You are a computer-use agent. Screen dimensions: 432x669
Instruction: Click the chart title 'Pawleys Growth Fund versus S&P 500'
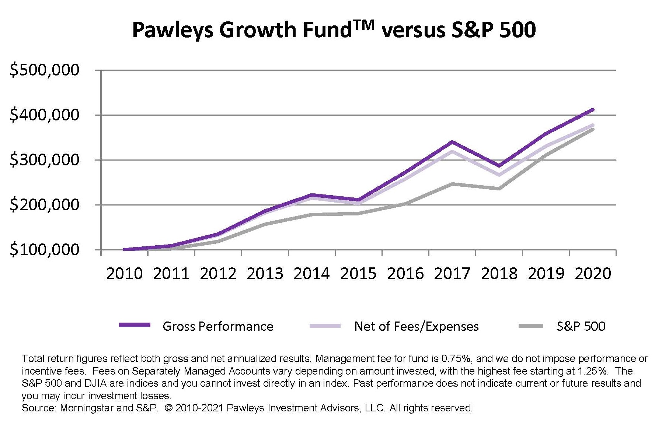pyautogui.click(x=334, y=29)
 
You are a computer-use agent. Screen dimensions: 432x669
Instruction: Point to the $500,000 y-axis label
pyautogui.click(x=44, y=70)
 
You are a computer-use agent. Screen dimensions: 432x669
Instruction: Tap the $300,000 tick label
pyautogui.click(x=44, y=160)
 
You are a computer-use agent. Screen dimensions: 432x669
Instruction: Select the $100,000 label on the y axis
pyautogui.click(x=44, y=250)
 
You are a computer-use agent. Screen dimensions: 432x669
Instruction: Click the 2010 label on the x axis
pyautogui.click(x=124, y=274)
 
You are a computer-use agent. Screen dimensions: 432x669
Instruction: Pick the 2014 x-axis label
pyautogui.click(x=311, y=274)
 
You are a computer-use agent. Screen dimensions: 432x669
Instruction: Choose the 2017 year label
pyautogui.click(x=452, y=274)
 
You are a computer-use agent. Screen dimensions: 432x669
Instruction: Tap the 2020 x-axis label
pyautogui.click(x=593, y=274)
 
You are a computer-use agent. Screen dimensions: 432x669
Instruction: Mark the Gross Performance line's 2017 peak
pyautogui.click(x=452, y=142)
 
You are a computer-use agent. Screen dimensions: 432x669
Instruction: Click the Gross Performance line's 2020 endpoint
pyautogui.click(x=593, y=109)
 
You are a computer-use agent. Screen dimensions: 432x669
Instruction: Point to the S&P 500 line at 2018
pyautogui.click(x=499, y=189)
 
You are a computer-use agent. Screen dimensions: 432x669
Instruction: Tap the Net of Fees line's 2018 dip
pyautogui.click(x=499, y=175)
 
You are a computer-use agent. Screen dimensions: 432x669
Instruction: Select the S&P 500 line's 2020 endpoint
pyautogui.click(x=593, y=129)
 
